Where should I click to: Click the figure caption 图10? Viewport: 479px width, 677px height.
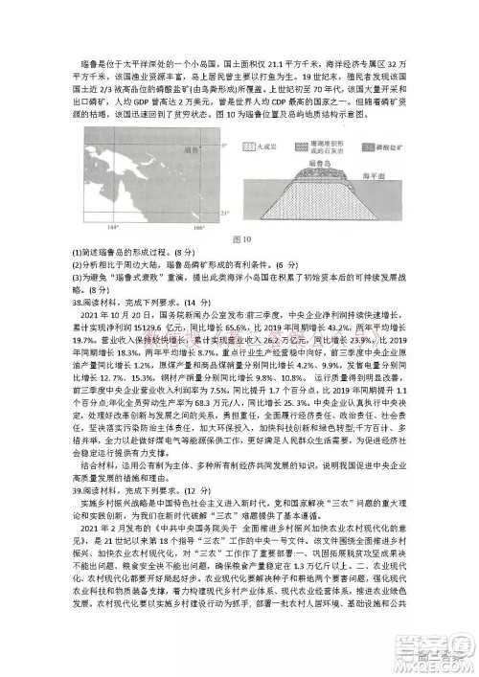[238, 237]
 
